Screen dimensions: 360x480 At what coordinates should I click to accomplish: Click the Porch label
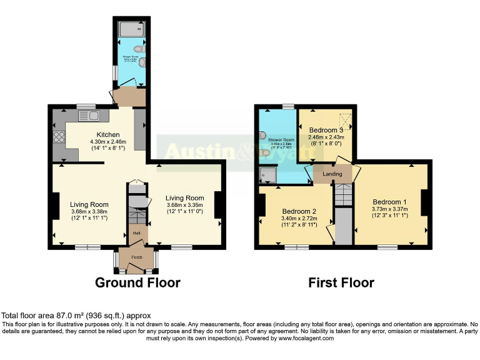(x=136, y=257)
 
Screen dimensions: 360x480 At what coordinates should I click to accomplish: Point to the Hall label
(x=136, y=233)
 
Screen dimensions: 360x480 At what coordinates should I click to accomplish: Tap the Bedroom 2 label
(x=299, y=211)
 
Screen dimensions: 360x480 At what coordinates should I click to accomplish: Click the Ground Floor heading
(x=137, y=282)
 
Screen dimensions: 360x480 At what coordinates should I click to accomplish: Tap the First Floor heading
(x=341, y=282)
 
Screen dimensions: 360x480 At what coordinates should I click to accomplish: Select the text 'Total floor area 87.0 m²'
(x=46, y=316)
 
